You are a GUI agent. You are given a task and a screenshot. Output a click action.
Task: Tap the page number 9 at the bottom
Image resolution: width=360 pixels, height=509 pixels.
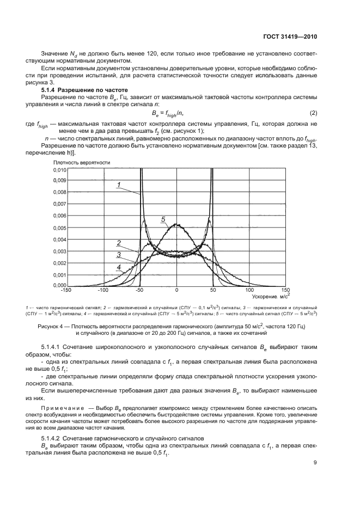pos(315,463)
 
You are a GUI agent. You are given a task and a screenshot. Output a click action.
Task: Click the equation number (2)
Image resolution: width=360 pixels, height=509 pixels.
pos(313,113)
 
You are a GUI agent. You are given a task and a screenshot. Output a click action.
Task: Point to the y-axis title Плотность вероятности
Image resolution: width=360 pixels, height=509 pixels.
pos(82,162)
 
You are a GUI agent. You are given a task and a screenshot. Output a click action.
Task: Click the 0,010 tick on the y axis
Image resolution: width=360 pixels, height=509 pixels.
pos(59,170)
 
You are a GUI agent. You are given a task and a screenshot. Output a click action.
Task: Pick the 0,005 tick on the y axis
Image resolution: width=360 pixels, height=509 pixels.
pos(59,228)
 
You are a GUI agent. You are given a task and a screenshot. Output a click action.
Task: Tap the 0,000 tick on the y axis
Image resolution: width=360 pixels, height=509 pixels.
pos(59,285)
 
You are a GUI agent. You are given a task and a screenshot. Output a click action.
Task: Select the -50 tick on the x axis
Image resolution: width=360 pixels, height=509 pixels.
pos(140,290)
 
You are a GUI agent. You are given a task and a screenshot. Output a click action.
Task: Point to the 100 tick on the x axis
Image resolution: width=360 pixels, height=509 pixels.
pos(249,290)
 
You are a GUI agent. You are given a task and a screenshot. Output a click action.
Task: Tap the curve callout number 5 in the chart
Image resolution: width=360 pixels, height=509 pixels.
pos(163,219)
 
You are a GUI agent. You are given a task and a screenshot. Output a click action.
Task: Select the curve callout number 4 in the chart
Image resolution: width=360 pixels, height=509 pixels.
pos(118,267)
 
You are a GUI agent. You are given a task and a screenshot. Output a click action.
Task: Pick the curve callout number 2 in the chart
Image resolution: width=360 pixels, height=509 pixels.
pos(118,243)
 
